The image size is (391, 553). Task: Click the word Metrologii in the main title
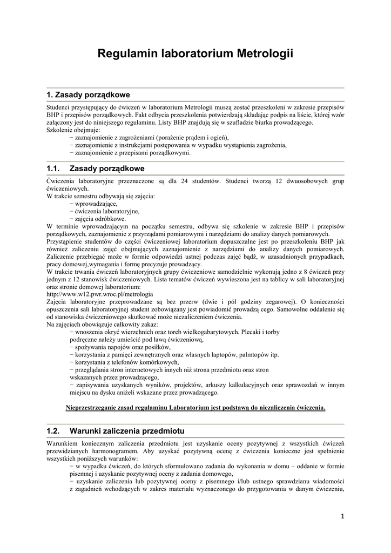click(264, 53)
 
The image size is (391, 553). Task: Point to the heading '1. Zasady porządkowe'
click(89, 95)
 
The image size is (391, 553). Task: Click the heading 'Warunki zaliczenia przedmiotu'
click(127, 431)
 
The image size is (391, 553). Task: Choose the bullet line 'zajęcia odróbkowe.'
click(100, 219)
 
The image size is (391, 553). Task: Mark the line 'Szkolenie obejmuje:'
click(73, 130)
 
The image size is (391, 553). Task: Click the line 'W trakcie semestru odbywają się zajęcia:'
click(100, 197)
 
